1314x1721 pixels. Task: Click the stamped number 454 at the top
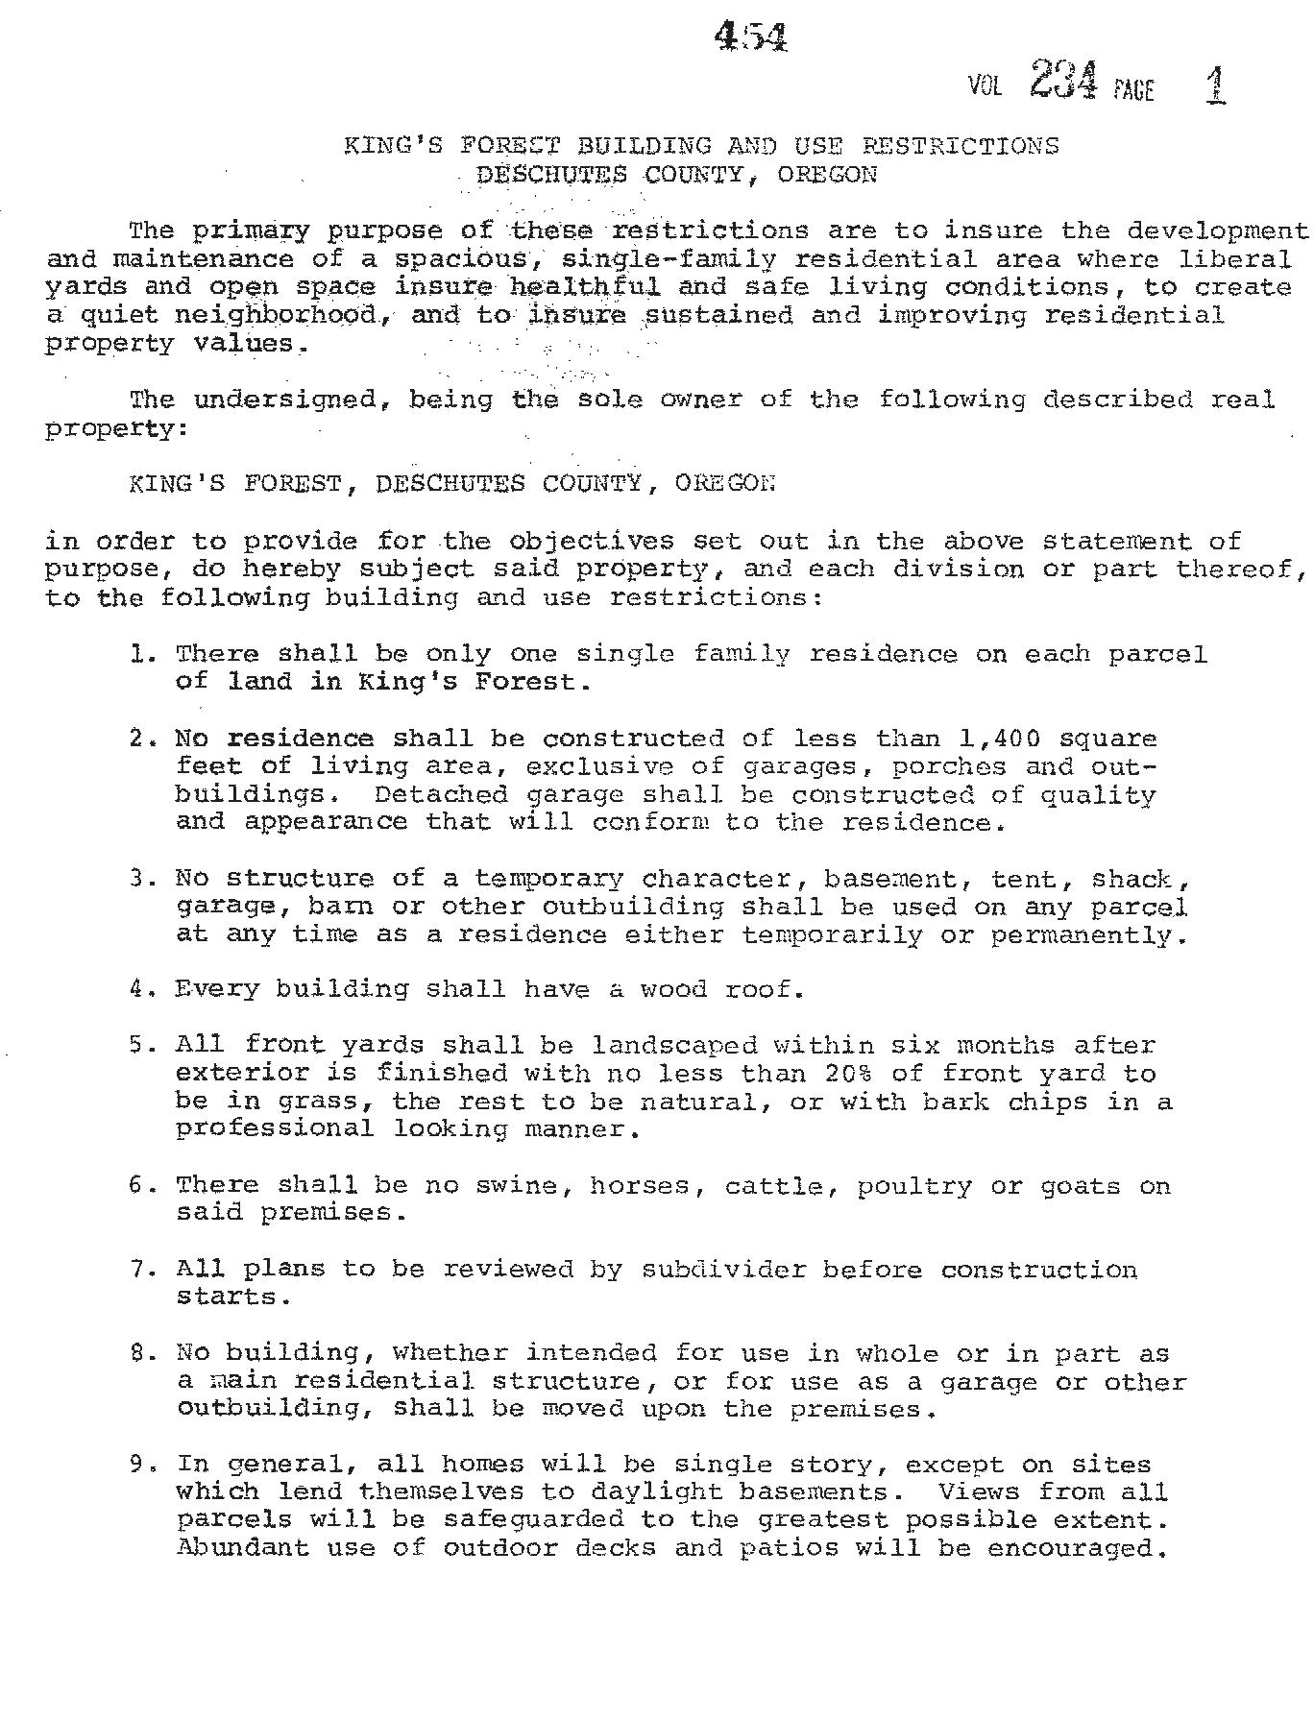pos(751,37)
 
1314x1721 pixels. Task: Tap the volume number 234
pos(1062,80)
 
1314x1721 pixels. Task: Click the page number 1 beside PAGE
pos(1215,85)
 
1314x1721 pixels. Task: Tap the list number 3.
pos(139,879)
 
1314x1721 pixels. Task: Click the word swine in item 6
pos(518,1186)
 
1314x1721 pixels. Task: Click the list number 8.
pos(139,1353)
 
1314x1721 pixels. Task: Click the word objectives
pos(591,541)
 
